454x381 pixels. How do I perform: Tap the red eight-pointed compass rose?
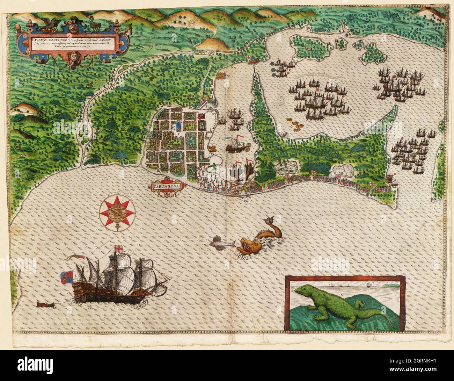(x=117, y=212)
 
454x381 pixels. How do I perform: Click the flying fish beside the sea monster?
(x=222, y=242)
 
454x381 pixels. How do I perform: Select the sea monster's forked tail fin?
(x=269, y=221)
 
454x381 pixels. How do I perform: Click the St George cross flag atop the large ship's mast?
(x=119, y=250)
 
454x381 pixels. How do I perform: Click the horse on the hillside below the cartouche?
(x=90, y=84)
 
